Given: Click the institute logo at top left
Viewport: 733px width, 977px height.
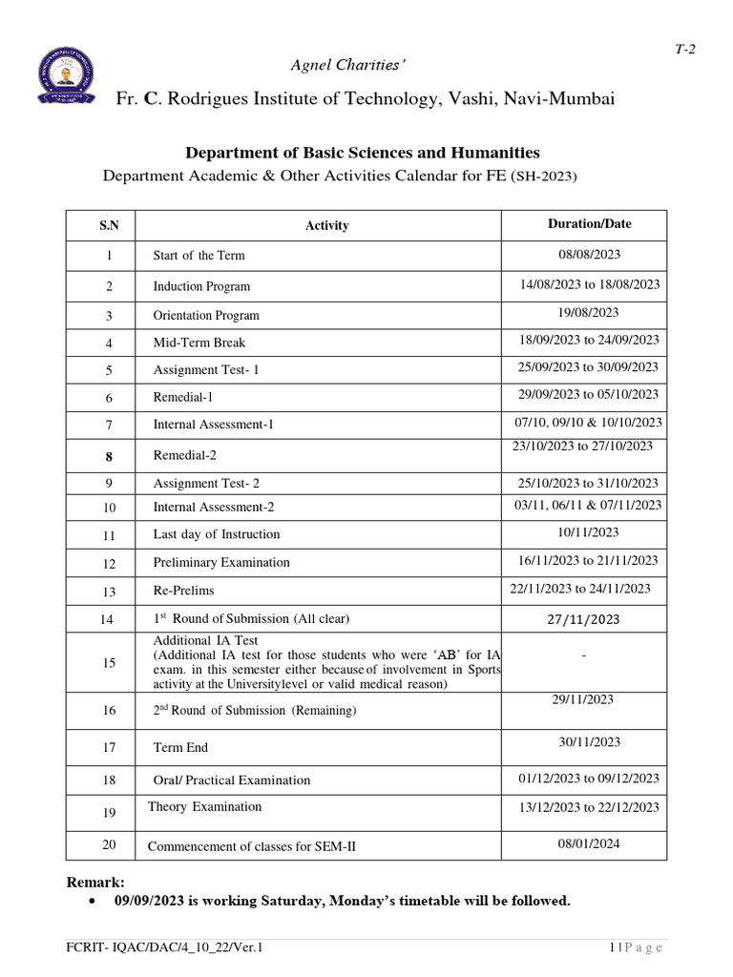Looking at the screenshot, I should tap(66, 80).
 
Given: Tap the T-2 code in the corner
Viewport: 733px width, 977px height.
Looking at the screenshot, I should tap(685, 52).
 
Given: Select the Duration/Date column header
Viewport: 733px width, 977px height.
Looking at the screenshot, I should tap(589, 224).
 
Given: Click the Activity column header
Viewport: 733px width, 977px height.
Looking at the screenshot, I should tap(326, 226).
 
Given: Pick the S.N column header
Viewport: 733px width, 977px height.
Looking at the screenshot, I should tap(109, 226).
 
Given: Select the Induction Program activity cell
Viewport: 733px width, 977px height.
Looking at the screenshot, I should tap(201, 286).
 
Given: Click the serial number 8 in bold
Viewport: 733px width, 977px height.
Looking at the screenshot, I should tap(109, 456).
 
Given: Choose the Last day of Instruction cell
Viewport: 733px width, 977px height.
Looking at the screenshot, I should tap(217, 534).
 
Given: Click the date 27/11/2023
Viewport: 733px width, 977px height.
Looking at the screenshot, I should tap(583, 620).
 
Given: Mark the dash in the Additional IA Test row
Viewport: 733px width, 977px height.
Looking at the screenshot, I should tap(582, 657).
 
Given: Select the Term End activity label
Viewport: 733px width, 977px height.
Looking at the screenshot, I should tap(180, 747).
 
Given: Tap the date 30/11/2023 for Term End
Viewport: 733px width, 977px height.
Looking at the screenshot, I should tap(589, 741).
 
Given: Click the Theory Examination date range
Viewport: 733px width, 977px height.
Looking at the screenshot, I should tap(589, 807).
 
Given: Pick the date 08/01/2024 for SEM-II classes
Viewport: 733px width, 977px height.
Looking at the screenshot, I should tap(589, 843).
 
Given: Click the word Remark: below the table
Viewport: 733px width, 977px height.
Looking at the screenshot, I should tap(94, 882).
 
